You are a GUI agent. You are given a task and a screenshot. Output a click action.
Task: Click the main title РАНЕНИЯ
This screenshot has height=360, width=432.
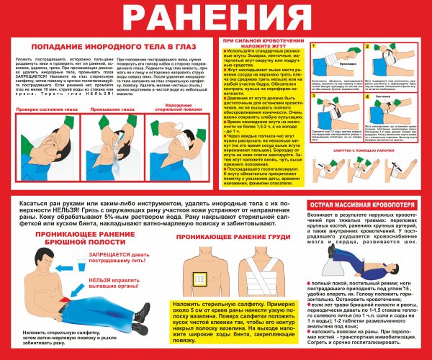click(x=215, y=15)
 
